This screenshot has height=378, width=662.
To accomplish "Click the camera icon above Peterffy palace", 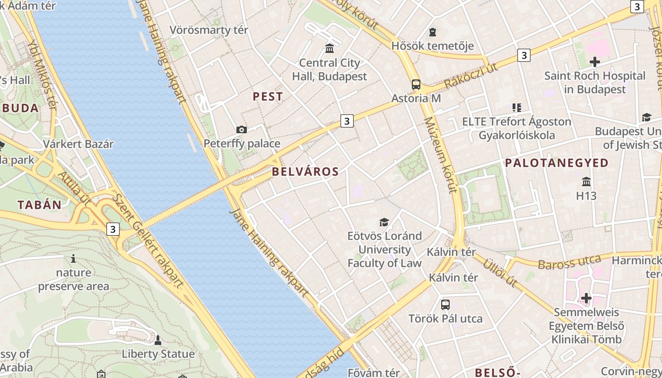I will click(x=241, y=129).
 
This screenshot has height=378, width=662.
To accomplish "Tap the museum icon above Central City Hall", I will click(x=330, y=48).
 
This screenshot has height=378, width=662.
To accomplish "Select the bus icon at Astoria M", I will click(x=416, y=85).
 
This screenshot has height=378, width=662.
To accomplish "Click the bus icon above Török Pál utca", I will click(x=445, y=305).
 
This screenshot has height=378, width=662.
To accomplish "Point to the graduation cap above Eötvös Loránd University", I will click(x=384, y=222).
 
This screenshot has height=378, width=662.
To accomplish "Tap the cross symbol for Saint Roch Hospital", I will click(x=594, y=62).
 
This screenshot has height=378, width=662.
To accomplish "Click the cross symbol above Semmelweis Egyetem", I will click(x=586, y=298).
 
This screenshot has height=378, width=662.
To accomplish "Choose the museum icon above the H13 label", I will click(x=586, y=181).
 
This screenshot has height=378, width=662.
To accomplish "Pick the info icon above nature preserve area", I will click(x=73, y=258).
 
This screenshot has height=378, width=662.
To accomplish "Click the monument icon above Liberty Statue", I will click(x=158, y=340).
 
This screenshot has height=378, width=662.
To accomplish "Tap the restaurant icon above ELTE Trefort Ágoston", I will click(x=517, y=108).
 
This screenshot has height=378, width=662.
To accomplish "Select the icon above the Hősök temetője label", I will click(x=432, y=32).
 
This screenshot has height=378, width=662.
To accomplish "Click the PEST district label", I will click(x=268, y=97).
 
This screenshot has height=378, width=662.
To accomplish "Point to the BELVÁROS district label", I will click(x=305, y=172).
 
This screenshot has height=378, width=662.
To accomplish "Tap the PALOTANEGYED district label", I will click(x=557, y=163).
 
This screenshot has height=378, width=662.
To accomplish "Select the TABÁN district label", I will click(x=40, y=205).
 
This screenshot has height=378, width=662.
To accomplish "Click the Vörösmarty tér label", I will click(x=209, y=30).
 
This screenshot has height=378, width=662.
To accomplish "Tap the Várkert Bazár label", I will click(x=78, y=144).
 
